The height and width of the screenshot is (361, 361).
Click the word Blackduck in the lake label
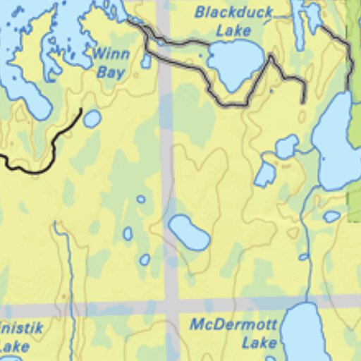[x=233, y=12]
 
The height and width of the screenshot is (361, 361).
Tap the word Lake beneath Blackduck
[x=233, y=30]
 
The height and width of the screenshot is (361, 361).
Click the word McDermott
[x=233, y=326]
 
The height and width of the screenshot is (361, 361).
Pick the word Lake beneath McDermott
[x=259, y=343]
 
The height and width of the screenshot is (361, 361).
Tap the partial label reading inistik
[x=21, y=329]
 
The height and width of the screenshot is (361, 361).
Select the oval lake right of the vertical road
[x=189, y=233]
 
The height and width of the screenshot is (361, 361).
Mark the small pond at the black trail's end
[x=92, y=119]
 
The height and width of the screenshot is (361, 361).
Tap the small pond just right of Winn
[x=145, y=61]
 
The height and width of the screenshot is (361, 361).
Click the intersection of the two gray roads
[x=171, y=306]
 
